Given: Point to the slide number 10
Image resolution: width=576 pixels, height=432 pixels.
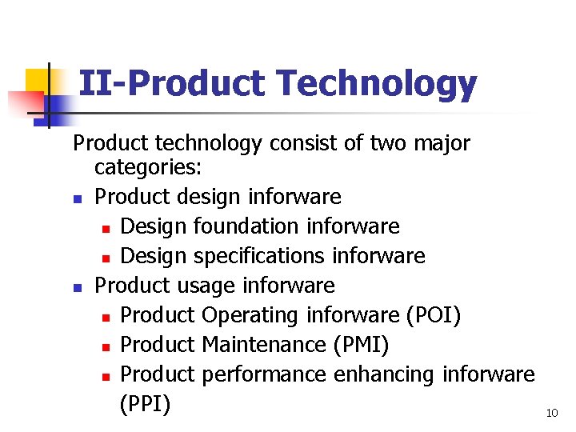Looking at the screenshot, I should coord(551,413).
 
